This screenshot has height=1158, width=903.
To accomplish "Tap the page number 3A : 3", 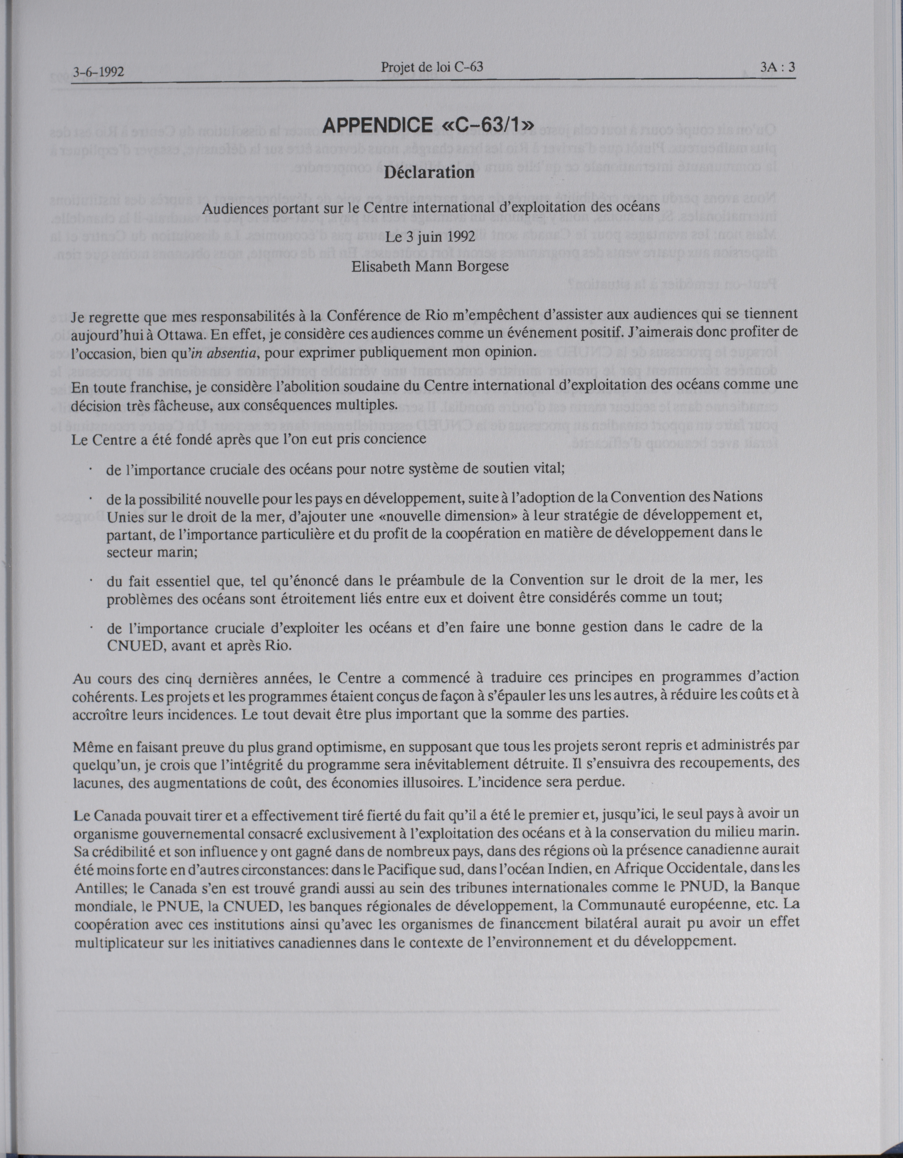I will (777, 67).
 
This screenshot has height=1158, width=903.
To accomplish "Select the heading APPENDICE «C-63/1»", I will (428, 125).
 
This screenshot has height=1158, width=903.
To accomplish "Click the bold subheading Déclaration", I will (429, 172).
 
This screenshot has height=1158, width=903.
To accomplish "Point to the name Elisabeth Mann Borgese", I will (430, 266).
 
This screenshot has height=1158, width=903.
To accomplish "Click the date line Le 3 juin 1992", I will (430, 237).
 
